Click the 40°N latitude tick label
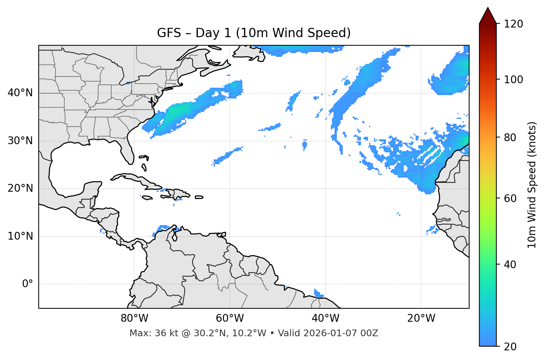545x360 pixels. tap(20, 93)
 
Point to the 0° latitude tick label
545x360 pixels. tap(28, 284)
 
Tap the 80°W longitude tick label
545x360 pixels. tap(134, 318)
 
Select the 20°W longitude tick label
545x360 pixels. tap(421, 318)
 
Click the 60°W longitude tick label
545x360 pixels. tap(230, 318)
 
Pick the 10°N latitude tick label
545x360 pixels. tap(20, 236)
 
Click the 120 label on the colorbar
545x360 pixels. tap(513, 24)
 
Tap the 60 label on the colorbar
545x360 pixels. tap(510, 198)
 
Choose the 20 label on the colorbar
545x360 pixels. tap(510, 347)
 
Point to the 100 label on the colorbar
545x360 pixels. tap(513, 80)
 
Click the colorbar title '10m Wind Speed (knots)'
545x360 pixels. tap(532, 185)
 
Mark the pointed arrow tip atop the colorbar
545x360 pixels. tap(488, 8)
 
